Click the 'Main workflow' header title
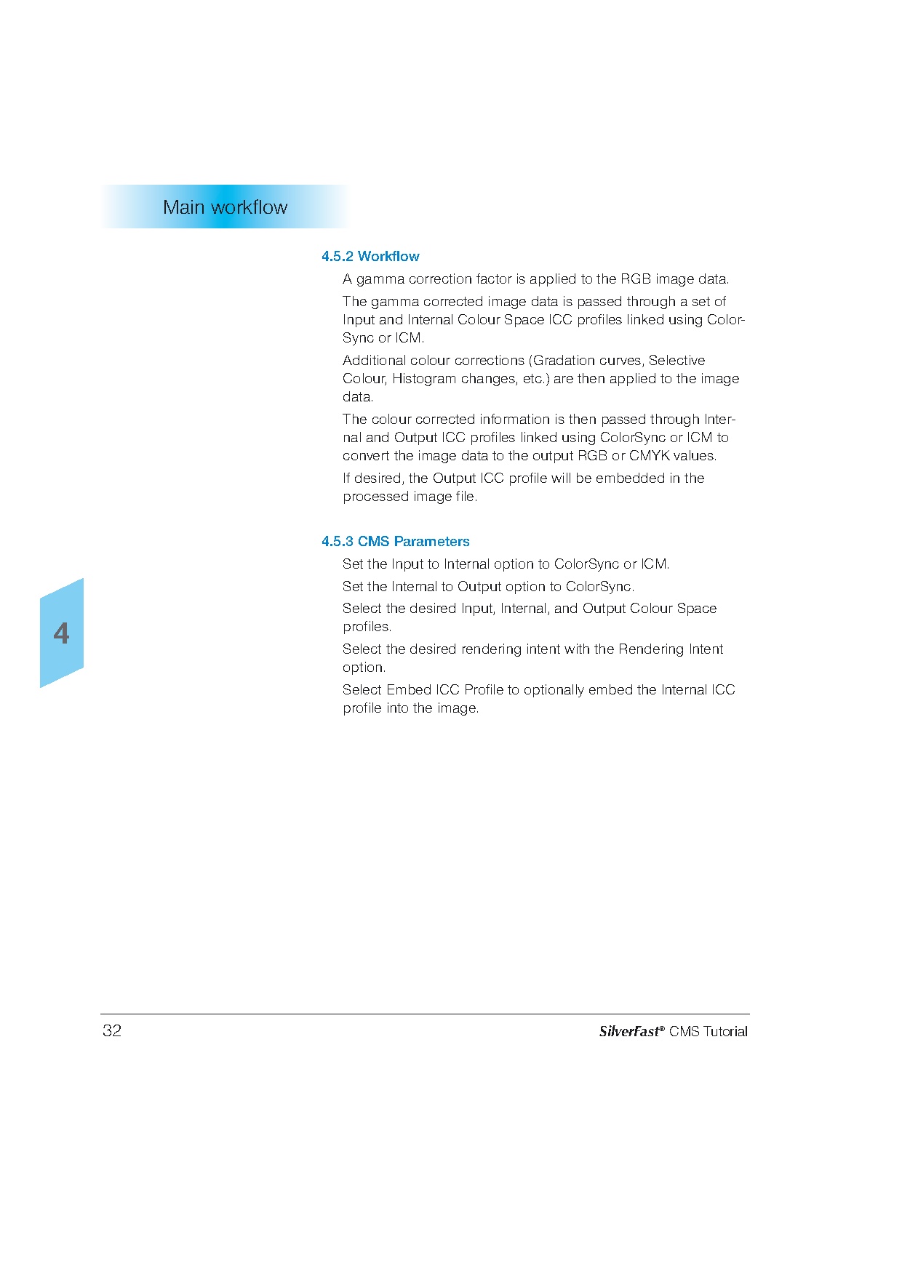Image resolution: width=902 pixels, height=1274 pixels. point(225,207)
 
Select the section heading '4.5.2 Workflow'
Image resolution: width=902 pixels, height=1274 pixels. point(370,256)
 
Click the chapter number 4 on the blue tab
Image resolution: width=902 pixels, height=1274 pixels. point(62,633)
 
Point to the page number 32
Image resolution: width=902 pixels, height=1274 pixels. point(112,1030)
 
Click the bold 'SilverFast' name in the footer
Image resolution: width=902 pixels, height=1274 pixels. point(629,1031)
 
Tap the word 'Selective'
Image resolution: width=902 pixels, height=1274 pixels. point(676,360)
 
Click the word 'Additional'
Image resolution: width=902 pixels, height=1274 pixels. point(372,360)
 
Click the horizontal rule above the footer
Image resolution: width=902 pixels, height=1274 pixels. point(425,1014)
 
